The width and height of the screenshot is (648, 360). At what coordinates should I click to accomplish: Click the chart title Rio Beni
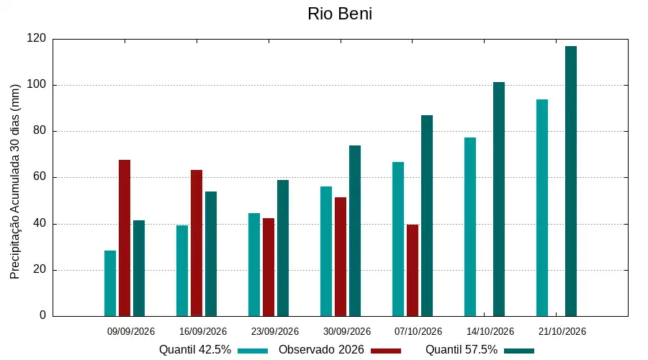pyautogui.click(x=340, y=14)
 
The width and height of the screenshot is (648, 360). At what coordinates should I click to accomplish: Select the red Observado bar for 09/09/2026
pyautogui.click(x=125, y=238)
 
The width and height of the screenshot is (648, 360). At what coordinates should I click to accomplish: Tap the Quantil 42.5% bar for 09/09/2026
pyautogui.click(x=110, y=284)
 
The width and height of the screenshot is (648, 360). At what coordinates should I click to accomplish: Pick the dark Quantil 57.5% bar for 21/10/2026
pyautogui.click(x=571, y=181)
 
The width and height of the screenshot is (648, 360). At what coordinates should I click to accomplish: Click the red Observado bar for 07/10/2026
pyautogui.click(x=413, y=270)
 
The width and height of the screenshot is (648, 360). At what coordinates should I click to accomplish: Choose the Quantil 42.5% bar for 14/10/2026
pyautogui.click(x=470, y=227)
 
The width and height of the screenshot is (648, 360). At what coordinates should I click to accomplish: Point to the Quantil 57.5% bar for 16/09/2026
pyautogui.click(x=211, y=253)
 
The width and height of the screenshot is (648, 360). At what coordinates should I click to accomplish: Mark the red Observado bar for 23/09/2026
pyautogui.click(x=269, y=267)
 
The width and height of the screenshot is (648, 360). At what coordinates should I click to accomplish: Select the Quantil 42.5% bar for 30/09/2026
pyautogui.click(x=326, y=251)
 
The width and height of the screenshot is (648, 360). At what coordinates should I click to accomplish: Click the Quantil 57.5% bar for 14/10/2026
pyautogui.click(x=499, y=199)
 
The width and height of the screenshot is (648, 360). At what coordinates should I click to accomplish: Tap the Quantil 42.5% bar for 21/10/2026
pyautogui.click(x=542, y=208)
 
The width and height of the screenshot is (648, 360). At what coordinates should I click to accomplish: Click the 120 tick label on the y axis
pyautogui.click(x=37, y=38)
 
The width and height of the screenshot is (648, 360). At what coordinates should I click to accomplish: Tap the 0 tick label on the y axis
pyautogui.click(x=43, y=315)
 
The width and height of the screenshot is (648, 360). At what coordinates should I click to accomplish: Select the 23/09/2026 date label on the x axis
pyautogui.click(x=275, y=331)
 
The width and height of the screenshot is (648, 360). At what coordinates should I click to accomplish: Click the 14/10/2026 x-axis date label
pyautogui.click(x=490, y=331)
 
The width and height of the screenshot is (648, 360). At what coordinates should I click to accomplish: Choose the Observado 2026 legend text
pyautogui.click(x=321, y=350)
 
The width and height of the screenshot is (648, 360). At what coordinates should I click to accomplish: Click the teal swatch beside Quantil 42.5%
pyautogui.click(x=253, y=351)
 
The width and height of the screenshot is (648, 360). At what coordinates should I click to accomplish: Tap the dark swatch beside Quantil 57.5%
pyautogui.click(x=519, y=351)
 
